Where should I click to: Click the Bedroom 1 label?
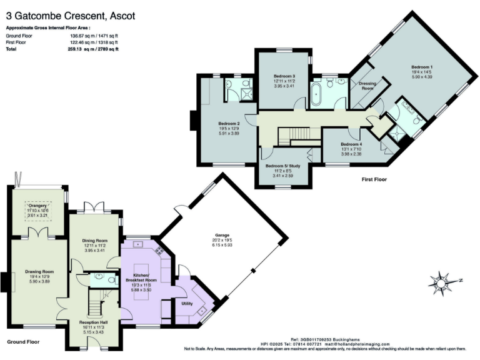(422, 67)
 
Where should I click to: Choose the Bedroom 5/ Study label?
(282, 166)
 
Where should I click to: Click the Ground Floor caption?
(24, 342)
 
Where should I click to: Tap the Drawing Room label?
(39, 272)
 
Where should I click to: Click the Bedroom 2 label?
(229, 123)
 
